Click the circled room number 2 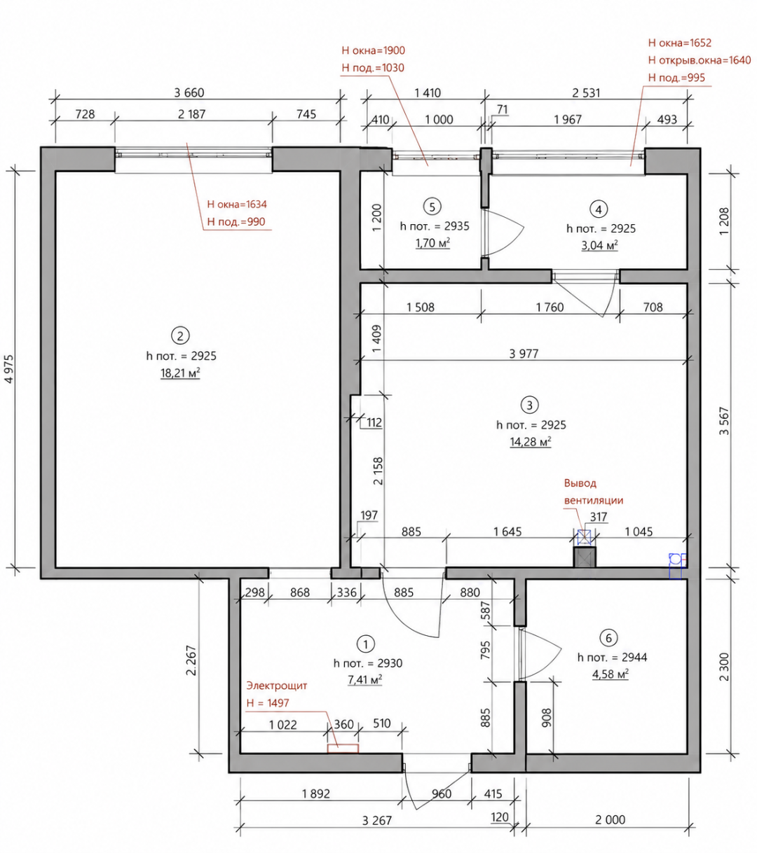(x=180, y=335)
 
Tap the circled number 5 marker (x=432, y=207)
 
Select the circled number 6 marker (x=608, y=638)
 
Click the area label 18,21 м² (x=180, y=373)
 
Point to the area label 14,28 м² (x=530, y=442)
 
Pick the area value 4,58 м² (x=611, y=674)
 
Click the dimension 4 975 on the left (x=9, y=369)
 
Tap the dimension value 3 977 (x=524, y=353)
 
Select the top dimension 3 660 (x=189, y=92)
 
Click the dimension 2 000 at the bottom (x=610, y=819)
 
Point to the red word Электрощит (x=276, y=685)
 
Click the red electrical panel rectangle (x=343, y=748)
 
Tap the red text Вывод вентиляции (x=594, y=492)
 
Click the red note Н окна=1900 (x=373, y=50)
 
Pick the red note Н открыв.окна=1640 (x=700, y=60)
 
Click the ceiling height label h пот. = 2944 (x=612, y=657)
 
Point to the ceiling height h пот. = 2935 (x=434, y=226)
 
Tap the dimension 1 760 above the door (x=550, y=307)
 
